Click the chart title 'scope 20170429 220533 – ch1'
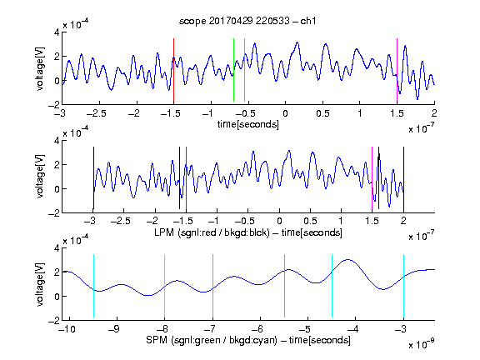(x=247, y=21)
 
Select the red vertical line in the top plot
(x=173, y=70)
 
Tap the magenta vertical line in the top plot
(x=397, y=70)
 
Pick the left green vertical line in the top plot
(x=233, y=70)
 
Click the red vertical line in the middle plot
(x=186, y=177)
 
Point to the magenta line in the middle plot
(x=372, y=177)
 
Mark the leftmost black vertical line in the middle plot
(x=93, y=177)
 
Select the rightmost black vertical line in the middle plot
(x=403, y=177)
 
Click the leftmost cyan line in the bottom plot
(x=93, y=286)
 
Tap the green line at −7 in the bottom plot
(x=212, y=286)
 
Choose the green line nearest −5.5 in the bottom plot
(x=284, y=286)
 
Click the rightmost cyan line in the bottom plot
(x=403, y=286)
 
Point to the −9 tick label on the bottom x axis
(x=114, y=329)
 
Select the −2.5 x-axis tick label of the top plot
(x=97, y=113)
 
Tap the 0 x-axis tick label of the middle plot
(x=279, y=221)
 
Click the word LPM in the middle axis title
(x=164, y=232)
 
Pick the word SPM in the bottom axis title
(x=157, y=340)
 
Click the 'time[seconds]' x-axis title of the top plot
(x=248, y=124)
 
